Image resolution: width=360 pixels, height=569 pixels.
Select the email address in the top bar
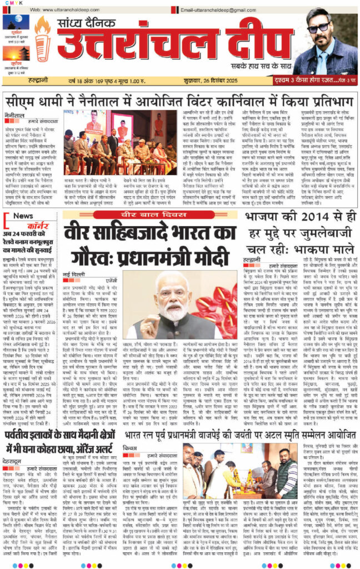tap(218, 9)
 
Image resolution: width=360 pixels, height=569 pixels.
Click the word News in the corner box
tap(23, 216)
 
